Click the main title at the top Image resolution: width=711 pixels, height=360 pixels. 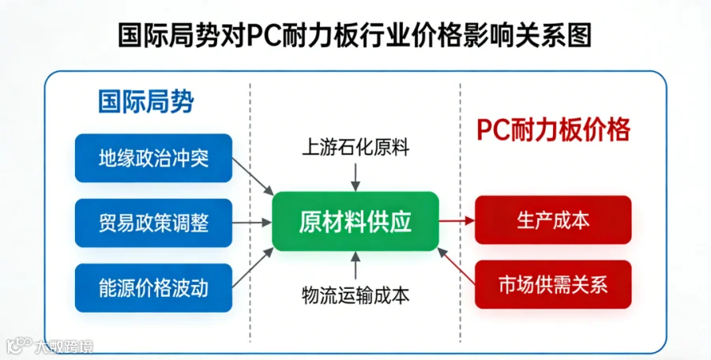[x=355, y=35]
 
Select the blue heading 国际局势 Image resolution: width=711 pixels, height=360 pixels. [x=146, y=101]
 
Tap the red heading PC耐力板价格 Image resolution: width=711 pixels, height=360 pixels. [x=553, y=129]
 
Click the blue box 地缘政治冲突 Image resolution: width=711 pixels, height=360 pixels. [x=154, y=158]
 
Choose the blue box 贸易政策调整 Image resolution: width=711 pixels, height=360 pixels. [x=154, y=223]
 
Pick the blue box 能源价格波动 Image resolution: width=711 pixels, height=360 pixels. [x=154, y=288]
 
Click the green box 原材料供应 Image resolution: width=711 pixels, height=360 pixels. [x=355, y=221]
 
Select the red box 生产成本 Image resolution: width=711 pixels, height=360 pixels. [x=553, y=220]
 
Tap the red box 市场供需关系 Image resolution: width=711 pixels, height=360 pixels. [x=553, y=284]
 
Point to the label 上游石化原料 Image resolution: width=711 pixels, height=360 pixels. [x=355, y=148]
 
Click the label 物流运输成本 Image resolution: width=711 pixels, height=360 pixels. [x=355, y=295]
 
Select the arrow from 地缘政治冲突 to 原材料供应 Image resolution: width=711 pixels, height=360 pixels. [x=253, y=176]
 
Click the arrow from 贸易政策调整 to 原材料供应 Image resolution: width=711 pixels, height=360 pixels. [x=252, y=222]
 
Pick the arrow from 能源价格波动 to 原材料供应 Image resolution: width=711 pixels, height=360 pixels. [x=253, y=268]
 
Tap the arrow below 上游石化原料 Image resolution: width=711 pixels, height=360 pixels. [x=355, y=178]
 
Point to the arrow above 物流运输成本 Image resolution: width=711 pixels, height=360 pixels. [x=355, y=265]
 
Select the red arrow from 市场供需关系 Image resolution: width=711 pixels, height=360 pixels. [x=456, y=266]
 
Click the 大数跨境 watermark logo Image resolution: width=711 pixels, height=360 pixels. [x=50, y=346]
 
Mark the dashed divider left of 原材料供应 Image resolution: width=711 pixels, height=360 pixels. [x=250, y=212]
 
